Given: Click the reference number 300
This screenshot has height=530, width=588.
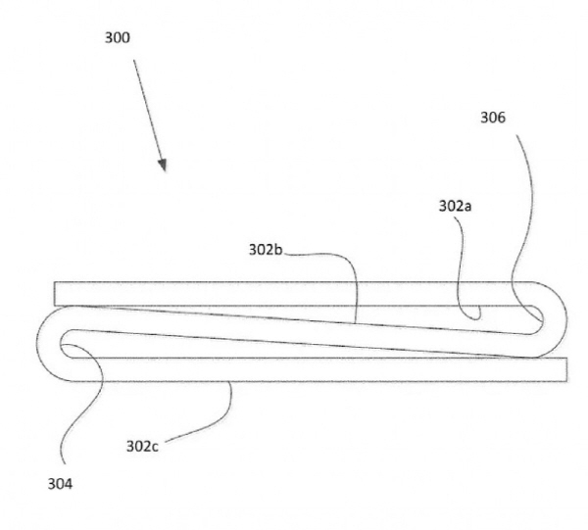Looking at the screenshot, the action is click(x=118, y=38).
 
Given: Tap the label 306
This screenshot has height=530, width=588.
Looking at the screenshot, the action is click(x=493, y=118).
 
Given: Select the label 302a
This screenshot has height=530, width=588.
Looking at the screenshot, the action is click(x=455, y=206).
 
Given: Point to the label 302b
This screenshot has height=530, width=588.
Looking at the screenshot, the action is click(x=266, y=250).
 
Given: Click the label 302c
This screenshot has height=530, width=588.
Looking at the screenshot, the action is click(x=142, y=447).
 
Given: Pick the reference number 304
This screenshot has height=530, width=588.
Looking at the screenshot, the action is click(x=60, y=484).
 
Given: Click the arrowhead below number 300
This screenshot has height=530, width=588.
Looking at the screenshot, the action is click(x=163, y=165).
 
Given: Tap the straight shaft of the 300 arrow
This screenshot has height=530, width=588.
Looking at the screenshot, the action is click(x=148, y=110).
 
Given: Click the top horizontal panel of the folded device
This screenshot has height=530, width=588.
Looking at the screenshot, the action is click(x=292, y=294).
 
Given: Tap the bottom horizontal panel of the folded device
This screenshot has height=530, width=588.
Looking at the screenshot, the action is click(x=318, y=369).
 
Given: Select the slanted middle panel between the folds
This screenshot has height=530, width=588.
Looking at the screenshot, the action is click(x=300, y=331).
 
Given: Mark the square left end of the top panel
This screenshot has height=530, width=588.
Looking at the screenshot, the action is click(x=55, y=294).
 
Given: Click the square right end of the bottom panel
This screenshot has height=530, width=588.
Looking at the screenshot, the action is click(x=566, y=369).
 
